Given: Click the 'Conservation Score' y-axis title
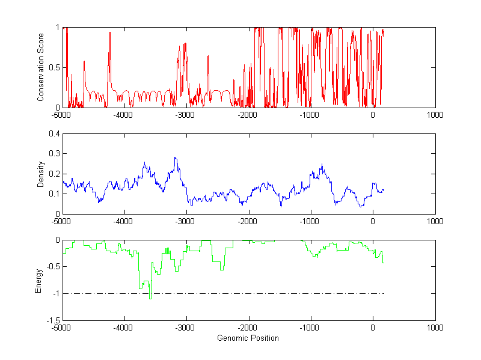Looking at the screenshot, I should pos(41,67).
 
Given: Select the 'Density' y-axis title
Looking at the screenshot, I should pos(41,174).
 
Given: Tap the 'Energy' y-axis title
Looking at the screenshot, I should pos(39,281).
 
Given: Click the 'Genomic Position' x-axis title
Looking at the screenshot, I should pos(248,338).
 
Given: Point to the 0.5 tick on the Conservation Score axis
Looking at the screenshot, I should pos(54,67).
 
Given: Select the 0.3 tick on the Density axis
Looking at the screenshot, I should pos(54,154).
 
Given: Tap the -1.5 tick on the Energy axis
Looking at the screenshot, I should pos(52,320).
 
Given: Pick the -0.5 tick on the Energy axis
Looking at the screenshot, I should pos(52,267).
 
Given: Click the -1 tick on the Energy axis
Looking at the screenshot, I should pos(55,294).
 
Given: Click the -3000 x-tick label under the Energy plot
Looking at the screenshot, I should pos(186,328).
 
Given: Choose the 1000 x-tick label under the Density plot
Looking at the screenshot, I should pos(435,221).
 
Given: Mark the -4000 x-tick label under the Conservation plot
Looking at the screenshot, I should pos(124,115).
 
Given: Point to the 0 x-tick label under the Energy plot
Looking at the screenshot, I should pos(373,328).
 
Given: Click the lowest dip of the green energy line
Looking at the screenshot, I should pos(150,298).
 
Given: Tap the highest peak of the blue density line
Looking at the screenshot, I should pos(175,157).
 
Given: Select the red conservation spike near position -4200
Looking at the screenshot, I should pos(110,33).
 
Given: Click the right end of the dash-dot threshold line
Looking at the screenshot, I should pos(384,294).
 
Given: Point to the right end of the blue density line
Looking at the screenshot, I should pos(384,190).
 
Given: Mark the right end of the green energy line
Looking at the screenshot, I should pos(384,263).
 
